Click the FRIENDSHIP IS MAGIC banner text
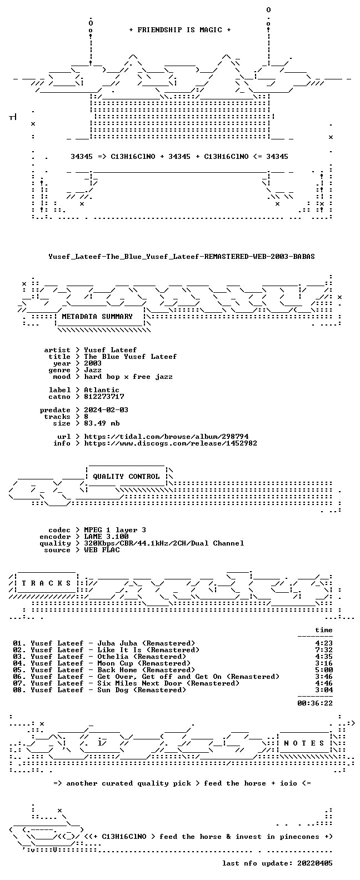180,30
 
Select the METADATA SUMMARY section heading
97,317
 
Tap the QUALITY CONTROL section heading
126,477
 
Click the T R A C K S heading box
46,583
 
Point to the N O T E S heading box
304,743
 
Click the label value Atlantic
102,390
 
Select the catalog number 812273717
104,397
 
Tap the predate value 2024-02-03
106,410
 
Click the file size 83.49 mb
102,423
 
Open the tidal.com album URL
166,437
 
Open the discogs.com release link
171,443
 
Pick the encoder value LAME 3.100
106,537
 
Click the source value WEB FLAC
102,550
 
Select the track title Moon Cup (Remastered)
144,663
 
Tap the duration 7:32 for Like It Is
324,650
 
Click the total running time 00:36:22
315,703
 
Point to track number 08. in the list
19,690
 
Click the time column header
324,630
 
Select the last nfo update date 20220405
315,863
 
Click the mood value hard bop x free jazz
128,377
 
